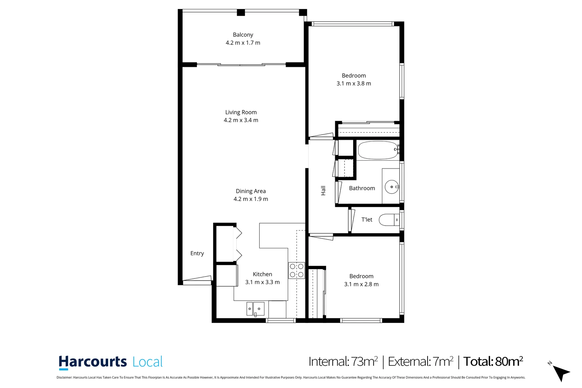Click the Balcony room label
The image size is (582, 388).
click(243, 35)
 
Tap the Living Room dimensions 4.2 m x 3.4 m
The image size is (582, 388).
click(241, 120)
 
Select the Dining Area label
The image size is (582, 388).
click(250, 191)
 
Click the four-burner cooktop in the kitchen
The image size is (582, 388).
click(296, 271)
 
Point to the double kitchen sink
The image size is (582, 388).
click(255, 309)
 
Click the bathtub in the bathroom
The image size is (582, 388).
click(377, 150)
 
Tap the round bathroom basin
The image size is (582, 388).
click(391, 187)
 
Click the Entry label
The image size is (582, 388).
click(197, 253)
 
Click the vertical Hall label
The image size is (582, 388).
click(323, 190)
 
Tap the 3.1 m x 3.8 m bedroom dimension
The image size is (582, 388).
click(354, 83)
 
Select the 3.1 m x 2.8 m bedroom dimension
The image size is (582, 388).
click(361, 284)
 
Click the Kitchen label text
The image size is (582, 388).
click(262, 274)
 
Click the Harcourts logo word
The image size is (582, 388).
click(93, 362)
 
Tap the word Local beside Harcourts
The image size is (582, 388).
click(147, 362)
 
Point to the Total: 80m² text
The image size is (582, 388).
click(493, 361)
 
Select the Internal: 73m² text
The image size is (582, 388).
click(343, 361)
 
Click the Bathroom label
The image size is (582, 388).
click(362, 188)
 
